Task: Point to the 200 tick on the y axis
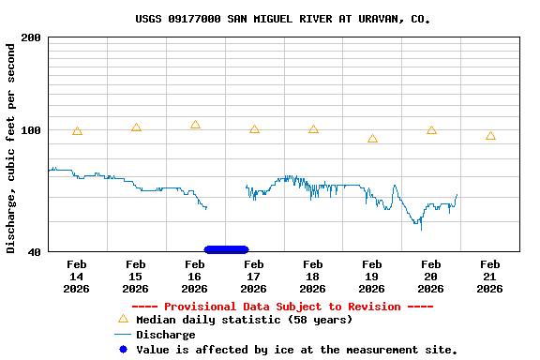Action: click(31, 37)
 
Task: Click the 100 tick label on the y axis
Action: click(31, 130)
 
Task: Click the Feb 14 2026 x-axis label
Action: click(77, 277)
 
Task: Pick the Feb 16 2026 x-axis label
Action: click(195, 277)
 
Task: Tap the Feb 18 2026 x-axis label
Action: click(313, 277)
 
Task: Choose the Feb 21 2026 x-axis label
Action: click(489, 277)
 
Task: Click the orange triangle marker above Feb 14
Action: click(77, 131)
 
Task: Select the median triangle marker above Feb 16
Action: click(195, 125)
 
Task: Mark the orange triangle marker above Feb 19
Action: click(372, 139)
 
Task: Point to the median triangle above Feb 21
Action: click(490, 136)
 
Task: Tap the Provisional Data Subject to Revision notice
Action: click(282, 307)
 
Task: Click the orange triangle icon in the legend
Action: click(123, 320)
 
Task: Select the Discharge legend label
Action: click(166, 335)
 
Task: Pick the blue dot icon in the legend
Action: click(123, 350)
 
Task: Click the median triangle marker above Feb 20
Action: click(431, 130)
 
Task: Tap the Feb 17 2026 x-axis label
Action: click(254, 277)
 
